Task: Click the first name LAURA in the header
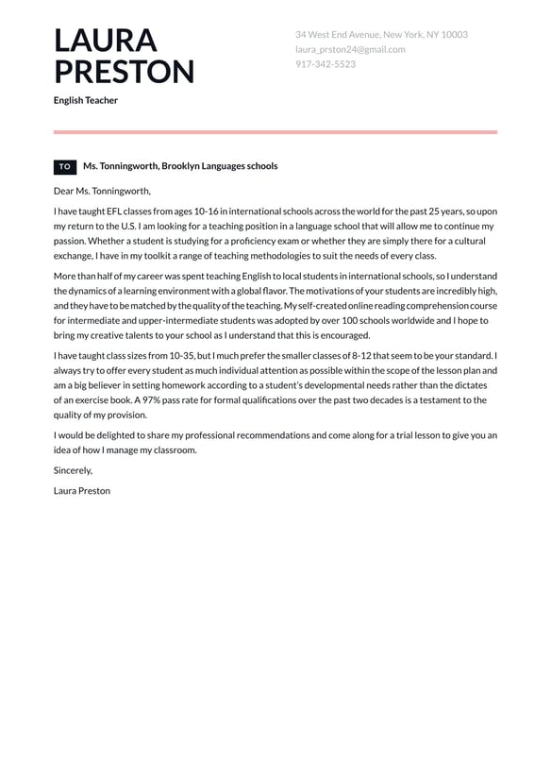(105, 41)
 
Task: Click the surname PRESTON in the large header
(124, 73)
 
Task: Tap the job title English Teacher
(86, 100)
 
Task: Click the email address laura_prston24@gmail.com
(350, 49)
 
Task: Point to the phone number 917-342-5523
(326, 64)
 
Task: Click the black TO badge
(65, 166)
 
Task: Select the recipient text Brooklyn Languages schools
(220, 166)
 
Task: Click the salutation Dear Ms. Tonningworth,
(102, 191)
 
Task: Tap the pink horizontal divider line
(275, 132)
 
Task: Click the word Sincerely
(73, 469)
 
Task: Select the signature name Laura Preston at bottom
(82, 491)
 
